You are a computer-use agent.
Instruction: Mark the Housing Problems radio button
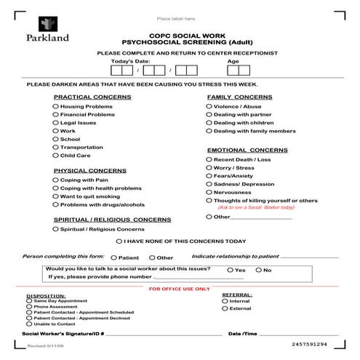point(55,106)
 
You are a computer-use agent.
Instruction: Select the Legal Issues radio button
point(55,123)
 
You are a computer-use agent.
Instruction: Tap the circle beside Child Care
point(55,155)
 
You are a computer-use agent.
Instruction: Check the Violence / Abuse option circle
point(209,106)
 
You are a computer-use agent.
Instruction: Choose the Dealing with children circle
point(209,123)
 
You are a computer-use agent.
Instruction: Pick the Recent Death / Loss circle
point(209,159)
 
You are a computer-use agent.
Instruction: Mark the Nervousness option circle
point(209,192)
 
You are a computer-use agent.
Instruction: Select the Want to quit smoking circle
point(55,196)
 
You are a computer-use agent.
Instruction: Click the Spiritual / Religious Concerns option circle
point(55,229)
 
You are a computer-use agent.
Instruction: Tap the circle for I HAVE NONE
point(119,241)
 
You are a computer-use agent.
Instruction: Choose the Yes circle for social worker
point(230,270)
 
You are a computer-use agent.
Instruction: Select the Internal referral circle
point(225,301)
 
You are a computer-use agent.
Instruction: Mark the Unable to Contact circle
point(29,324)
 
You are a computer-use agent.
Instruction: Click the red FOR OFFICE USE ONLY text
point(180,289)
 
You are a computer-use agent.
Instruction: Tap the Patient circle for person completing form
point(113,257)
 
